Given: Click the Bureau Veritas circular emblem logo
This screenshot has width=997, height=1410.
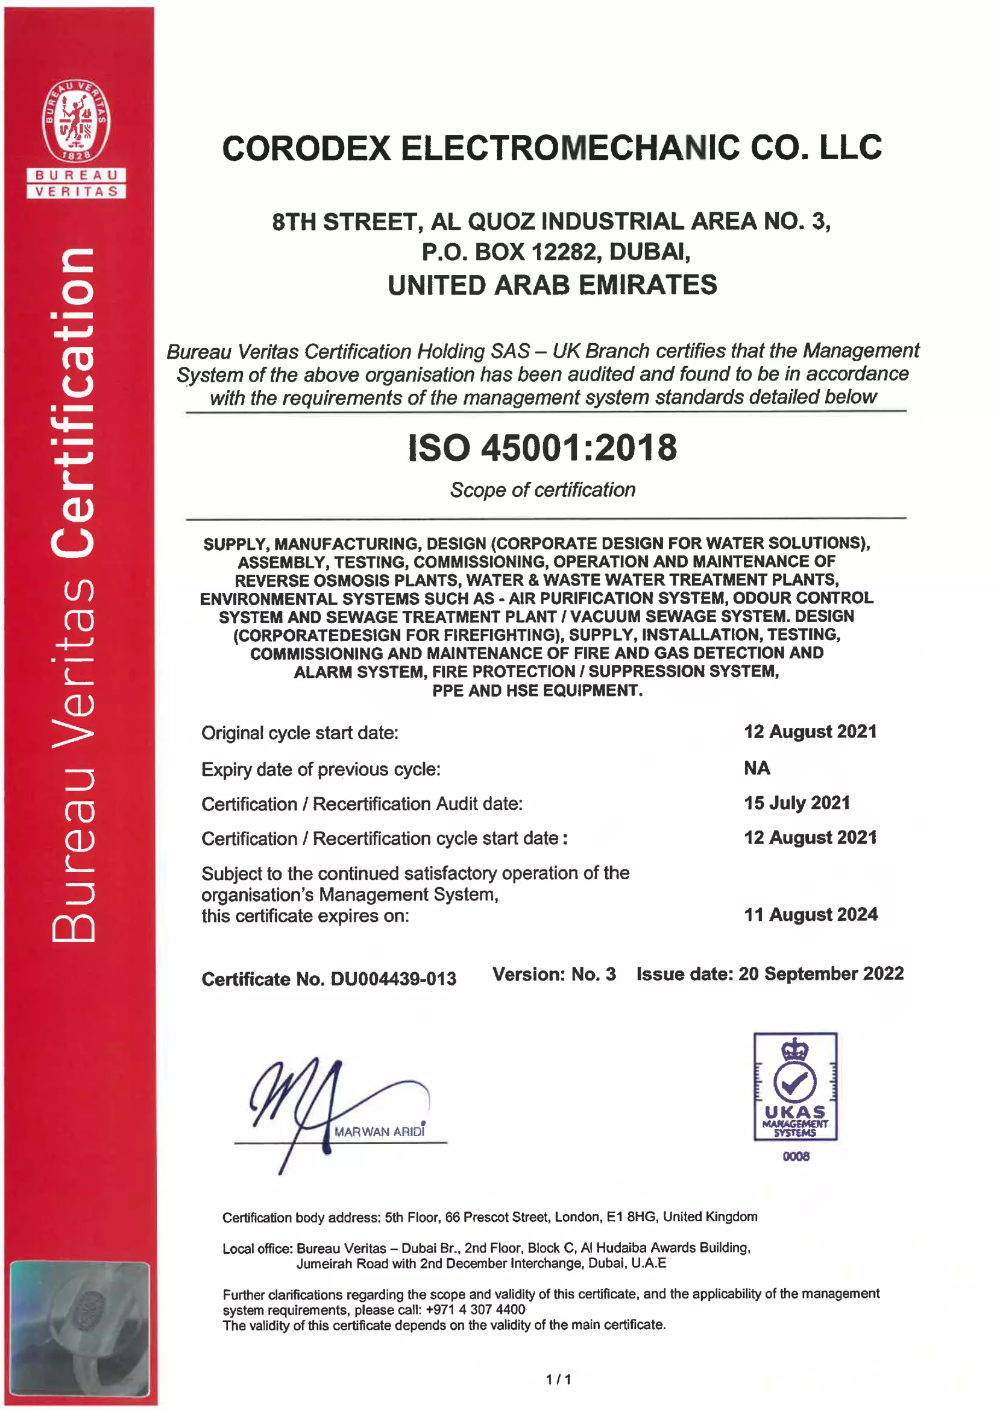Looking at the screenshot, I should [76, 122].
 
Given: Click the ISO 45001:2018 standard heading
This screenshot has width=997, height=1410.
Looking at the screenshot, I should [542, 447].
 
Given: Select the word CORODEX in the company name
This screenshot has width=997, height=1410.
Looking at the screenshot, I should [306, 148].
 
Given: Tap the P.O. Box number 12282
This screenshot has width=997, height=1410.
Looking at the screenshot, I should [564, 252].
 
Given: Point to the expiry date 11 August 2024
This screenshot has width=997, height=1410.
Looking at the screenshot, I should [810, 914].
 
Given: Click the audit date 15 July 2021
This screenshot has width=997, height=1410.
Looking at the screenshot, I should [797, 803].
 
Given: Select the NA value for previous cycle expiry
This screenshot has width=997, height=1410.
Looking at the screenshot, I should [756, 768].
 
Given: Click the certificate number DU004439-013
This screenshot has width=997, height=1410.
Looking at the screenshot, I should [393, 979].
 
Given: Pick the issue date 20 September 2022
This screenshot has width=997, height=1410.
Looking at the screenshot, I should [821, 973].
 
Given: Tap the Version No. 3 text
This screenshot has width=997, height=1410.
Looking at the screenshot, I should [554, 974].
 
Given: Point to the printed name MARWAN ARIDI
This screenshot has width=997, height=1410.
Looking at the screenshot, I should [379, 1131].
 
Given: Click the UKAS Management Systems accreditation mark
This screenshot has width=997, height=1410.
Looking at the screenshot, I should [795, 1086].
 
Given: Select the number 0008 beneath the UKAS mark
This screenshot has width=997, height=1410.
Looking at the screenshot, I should [796, 1156].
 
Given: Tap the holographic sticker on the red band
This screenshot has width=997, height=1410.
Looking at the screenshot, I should [79, 1329].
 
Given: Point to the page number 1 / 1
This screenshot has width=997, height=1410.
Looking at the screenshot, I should [558, 1379].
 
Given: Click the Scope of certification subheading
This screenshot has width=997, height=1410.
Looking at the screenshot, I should [543, 490].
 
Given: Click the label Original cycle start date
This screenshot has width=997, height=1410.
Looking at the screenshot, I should [300, 733].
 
